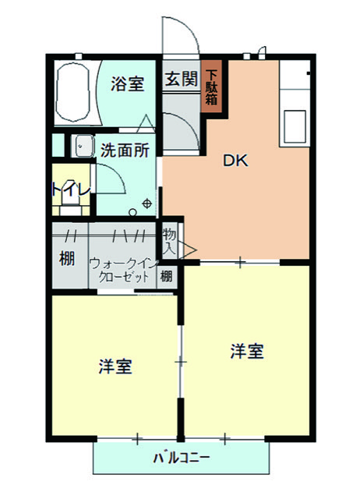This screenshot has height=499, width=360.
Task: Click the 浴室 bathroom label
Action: pos(128,83)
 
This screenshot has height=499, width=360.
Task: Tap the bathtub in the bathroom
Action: pos(72,92)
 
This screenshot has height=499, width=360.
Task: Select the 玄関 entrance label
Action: pos(182,79)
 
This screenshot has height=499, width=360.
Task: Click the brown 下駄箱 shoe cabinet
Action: pos(211,87)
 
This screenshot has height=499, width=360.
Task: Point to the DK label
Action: pos(235,161)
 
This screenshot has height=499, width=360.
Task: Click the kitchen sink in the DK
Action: pos(295,126)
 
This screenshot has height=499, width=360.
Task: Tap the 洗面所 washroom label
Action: pos(125,150)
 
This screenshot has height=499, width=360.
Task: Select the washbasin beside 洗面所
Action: pos(83,146)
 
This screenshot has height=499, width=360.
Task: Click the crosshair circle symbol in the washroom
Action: pos(147,203)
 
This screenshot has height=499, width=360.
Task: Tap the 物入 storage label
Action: pos(169,242)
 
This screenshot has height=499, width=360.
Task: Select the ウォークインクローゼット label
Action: pos(124,271)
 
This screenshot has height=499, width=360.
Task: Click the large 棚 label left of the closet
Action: pos(67,258)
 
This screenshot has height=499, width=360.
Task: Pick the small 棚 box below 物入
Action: pos(167,276)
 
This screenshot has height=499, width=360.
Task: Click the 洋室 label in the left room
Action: pos(115,366)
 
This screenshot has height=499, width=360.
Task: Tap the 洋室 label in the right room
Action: pos(247,352)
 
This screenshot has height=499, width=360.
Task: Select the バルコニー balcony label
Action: pos(182,458)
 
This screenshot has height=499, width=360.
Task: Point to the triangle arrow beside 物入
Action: pos(189,249)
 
